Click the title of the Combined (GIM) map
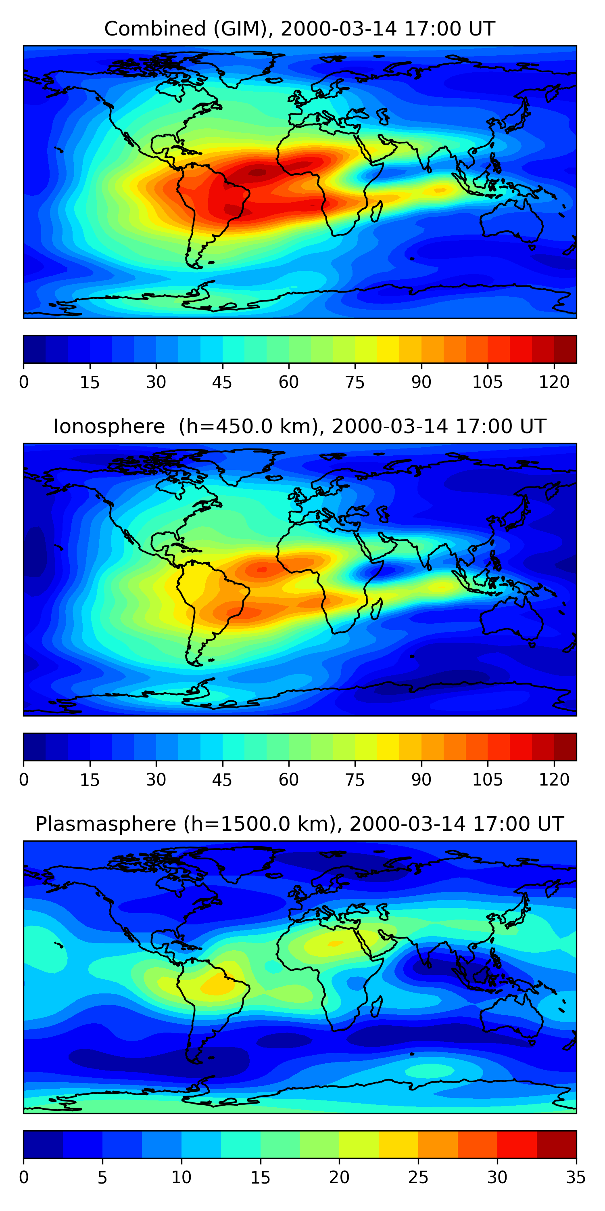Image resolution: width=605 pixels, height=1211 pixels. [x=300, y=29]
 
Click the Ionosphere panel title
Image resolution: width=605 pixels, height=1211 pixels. [x=300, y=426]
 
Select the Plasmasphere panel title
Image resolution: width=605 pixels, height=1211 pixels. [x=300, y=824]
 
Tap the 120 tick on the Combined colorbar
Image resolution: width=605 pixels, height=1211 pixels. [x=554, y=382]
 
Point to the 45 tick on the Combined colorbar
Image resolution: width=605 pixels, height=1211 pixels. [x=222, y=382]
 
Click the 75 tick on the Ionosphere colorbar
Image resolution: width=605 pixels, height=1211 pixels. [x=355, y=779]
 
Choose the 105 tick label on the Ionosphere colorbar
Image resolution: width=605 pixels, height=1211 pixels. [x=487, y=779]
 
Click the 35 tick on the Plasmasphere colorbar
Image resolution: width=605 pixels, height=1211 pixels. [x=576, y=1177]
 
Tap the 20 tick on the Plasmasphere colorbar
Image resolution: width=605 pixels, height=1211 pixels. [x=339, y=1177]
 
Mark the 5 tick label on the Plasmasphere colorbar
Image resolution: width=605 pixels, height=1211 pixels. [x=102, y=1177]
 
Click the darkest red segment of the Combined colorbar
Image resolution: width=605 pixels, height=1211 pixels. [x=565, y=349]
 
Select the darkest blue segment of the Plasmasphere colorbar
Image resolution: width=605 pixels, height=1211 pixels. [x=43, y=1144]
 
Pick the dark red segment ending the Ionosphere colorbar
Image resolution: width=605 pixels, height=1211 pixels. [x=565, y=746]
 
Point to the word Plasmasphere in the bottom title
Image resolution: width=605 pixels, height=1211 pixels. [x=106, y=824]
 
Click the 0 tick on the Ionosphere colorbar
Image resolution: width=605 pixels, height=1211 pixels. [x=24, y=779]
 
